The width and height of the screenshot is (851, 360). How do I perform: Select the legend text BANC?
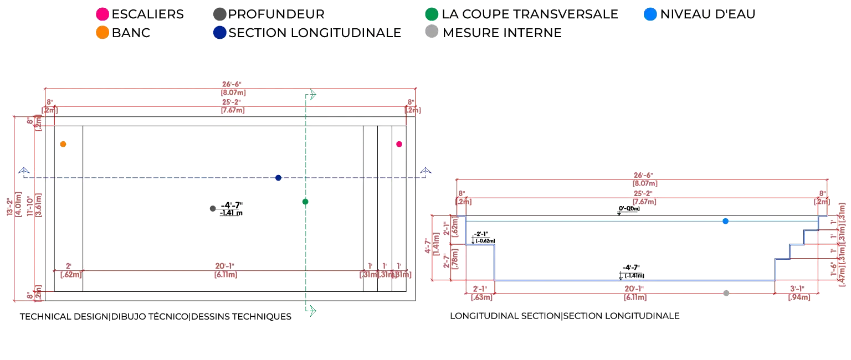[131, 33]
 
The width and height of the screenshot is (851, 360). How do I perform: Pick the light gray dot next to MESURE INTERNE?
[433, 33]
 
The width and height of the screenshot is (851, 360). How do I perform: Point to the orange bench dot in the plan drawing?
[63, 145]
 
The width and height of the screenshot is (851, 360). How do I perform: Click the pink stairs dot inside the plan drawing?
[399, 145]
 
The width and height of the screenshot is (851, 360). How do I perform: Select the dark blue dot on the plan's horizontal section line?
[279, 178]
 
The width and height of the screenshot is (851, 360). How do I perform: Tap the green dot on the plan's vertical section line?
[305, 202]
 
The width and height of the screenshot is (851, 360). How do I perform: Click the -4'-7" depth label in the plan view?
[231, 209]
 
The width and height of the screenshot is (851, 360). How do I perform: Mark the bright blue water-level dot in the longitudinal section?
[726, 222]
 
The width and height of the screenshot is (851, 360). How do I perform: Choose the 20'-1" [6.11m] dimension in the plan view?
[225, 270]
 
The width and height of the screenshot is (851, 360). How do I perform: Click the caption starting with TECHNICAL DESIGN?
[156, 317]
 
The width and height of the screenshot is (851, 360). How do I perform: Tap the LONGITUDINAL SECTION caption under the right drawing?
[566, 316]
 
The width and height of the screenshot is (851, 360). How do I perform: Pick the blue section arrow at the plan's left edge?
[24, 171]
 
